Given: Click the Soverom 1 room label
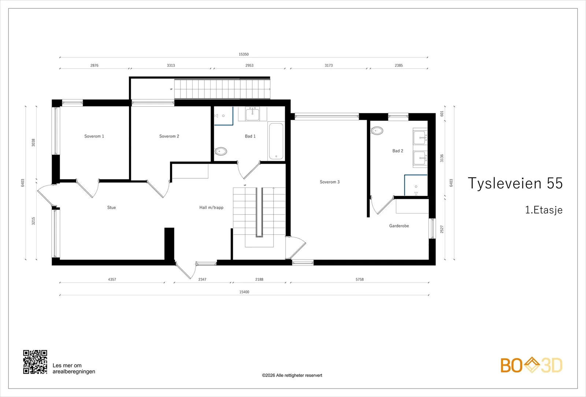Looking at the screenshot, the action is [94, 136].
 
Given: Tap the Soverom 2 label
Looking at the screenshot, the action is [169, 136].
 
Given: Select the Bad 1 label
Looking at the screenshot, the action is [250, 136].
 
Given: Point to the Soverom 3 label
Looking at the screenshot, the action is [330, 182].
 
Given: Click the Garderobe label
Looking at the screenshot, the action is [399, 226].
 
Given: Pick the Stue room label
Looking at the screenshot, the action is [111, 207].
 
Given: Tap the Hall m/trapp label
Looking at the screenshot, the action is [211, 207].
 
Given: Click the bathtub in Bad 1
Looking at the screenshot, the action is [276, 141].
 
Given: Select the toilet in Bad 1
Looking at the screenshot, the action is [221, 151].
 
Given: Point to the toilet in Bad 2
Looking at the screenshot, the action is [377, 131].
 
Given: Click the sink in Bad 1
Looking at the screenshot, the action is [252, 114].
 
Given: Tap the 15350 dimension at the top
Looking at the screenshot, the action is [244, 54].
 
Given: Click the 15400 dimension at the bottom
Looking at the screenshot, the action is [244, 292].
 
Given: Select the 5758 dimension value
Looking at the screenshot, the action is [360, 279].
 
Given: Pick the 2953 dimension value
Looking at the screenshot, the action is [249, 65].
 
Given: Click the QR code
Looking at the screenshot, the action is [35, 362].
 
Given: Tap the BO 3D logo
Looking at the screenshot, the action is [531, 365].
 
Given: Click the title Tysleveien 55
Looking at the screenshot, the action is [515, 183].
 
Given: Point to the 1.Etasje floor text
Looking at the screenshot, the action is [544, 210].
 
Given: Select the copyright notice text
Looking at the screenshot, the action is [292, 375].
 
